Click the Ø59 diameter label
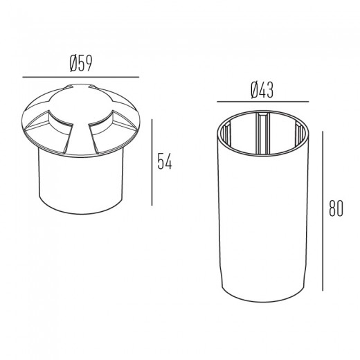(81, 63)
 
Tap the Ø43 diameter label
(262, 90)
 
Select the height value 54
(165, 162)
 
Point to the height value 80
(336, 208)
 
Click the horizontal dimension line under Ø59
(81, 77)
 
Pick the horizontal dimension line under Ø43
(263, 102)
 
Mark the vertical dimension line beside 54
(152, 162)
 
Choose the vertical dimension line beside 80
(323, 211)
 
